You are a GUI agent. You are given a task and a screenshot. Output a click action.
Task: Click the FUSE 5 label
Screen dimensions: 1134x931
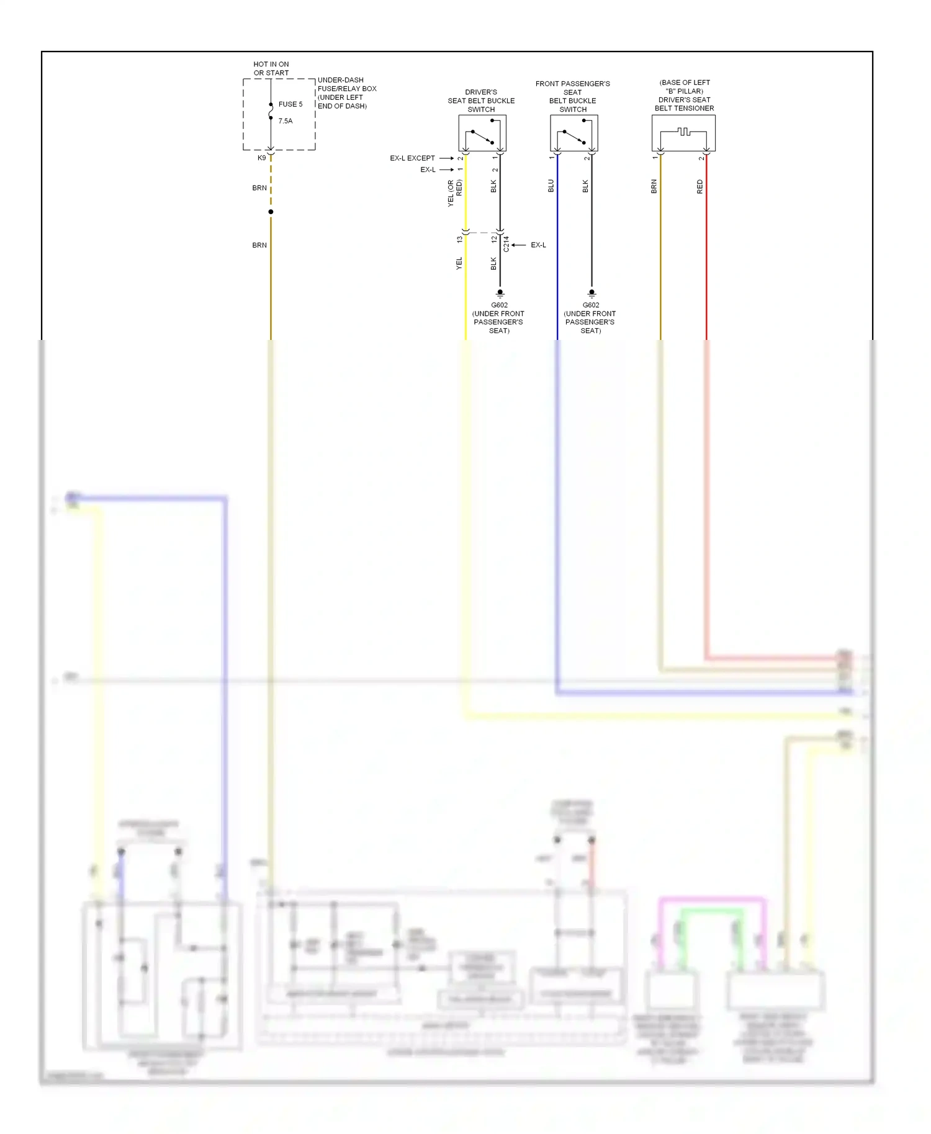pos(290,104)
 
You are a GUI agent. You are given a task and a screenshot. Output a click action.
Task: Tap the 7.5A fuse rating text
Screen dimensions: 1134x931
pos(286,121)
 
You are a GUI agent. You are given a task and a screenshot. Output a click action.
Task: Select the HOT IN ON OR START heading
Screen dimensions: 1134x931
pos(271,68)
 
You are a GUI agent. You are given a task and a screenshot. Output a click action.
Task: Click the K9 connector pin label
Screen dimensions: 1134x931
pos(262,158)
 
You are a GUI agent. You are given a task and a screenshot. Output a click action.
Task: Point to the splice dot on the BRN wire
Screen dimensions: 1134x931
pos(271,212)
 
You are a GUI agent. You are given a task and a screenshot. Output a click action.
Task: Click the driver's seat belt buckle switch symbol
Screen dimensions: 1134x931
pos(482,133)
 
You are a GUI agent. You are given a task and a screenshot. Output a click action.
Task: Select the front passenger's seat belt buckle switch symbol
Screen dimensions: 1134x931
pos(574,133)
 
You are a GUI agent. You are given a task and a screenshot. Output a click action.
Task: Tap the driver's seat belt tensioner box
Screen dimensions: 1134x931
pos(683,133)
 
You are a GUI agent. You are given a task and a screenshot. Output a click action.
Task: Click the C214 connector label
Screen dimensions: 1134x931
pos(506,244)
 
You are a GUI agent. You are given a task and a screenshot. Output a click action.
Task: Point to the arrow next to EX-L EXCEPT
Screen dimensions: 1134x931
pos(446,158)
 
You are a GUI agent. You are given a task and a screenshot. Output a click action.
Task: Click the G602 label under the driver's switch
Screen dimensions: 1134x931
pos(499,305)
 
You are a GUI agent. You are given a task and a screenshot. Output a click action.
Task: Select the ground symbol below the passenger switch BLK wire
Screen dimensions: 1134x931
pos(591,293)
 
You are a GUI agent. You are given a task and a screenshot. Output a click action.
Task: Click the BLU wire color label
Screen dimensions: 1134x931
pos(551,186)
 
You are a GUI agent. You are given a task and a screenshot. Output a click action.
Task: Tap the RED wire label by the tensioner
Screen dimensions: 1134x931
pos(700,187)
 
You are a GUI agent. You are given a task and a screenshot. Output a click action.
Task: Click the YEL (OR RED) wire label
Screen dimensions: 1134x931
pos(454,193)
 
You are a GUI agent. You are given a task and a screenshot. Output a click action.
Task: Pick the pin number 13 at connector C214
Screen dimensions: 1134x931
pos(459,239)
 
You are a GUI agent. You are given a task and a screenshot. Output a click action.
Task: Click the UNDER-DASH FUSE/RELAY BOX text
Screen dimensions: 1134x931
pos(346,93)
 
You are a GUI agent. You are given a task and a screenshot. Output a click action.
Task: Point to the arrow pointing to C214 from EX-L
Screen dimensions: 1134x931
pos(519,245)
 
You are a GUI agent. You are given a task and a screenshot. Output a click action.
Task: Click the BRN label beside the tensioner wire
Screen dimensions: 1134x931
pos(654,187)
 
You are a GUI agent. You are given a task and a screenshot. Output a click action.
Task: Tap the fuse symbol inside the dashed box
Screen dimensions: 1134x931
pos(271,112)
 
